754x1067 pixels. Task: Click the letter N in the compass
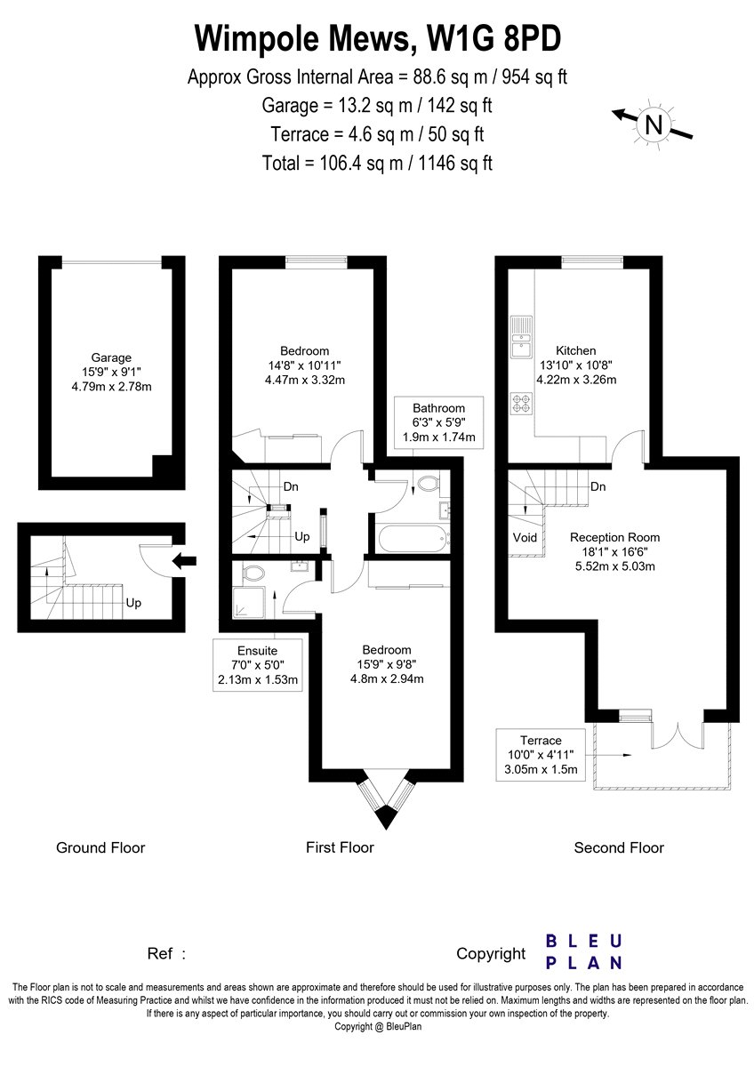[653, 125]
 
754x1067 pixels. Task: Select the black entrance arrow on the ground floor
[184, 561]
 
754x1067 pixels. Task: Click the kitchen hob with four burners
[522, 403]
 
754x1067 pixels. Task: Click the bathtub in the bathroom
[413, 539]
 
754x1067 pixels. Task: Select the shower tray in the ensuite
[248, 602]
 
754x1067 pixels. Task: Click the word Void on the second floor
[525, 538]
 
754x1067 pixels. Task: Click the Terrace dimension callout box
[541, 755]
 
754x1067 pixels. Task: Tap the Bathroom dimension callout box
[438, 422]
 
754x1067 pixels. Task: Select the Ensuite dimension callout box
[258, 665]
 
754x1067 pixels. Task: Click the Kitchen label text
[576, 350]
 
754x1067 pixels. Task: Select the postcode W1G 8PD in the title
[494, 38]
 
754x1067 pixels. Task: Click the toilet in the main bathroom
[428, 485]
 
